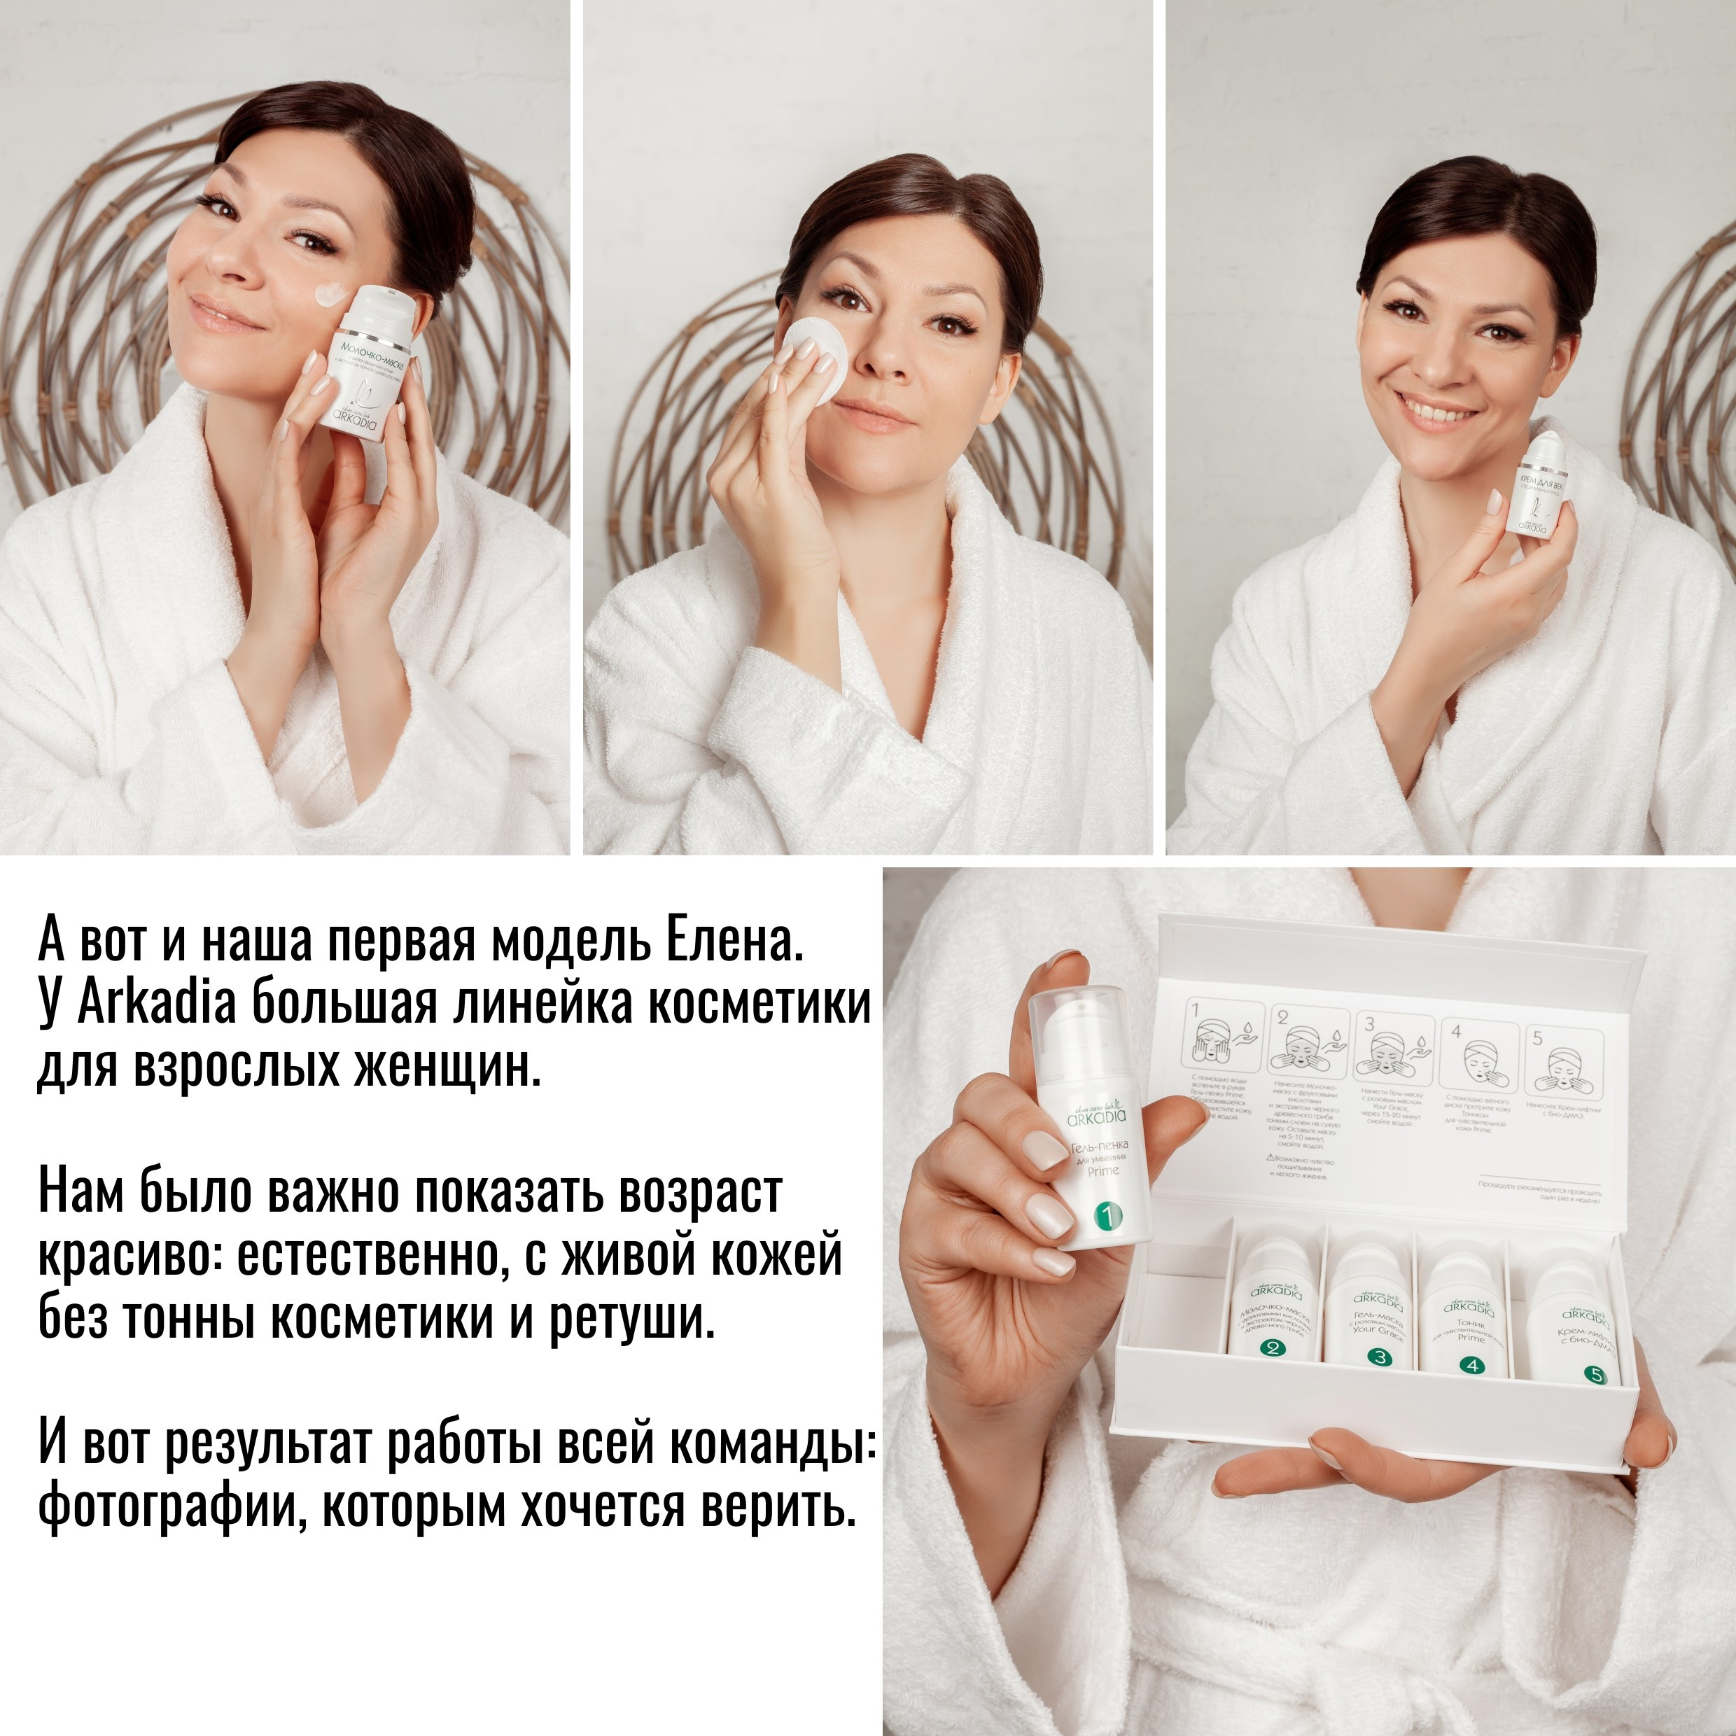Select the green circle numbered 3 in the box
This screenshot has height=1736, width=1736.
point(1380,1357)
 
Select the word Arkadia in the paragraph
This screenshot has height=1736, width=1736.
point(156,1004)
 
